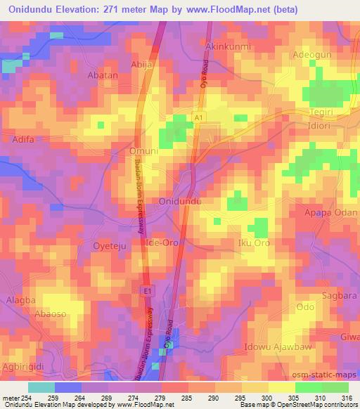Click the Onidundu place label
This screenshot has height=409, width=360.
tap(181, 201)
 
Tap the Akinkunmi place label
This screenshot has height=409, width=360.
tap(229, 46)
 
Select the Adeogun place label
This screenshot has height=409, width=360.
tap(313, 55)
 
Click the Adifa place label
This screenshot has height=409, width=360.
tap(25, 140)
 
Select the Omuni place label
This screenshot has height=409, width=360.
tap(143, 150)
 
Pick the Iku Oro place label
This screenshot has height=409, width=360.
tap(254, 243)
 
